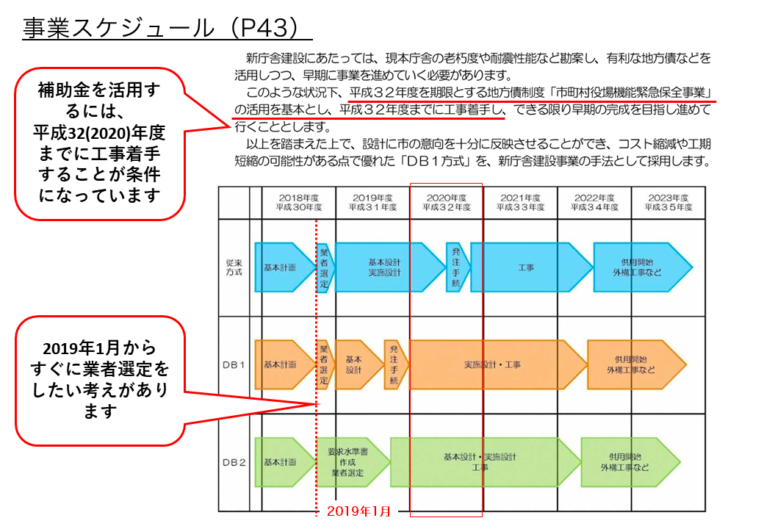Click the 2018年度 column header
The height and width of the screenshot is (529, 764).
pyautogui.click(x=299, y=202)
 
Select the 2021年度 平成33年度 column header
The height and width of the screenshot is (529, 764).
pyautogui.click(x=520, y=202)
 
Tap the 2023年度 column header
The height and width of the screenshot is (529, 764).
pyautogui.click(x=668, y=202)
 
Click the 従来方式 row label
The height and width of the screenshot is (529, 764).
pyautogui.click(x=234, y=267)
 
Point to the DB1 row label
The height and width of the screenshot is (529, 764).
pyautogui.click(x=234, y=364)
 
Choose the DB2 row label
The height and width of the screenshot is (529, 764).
pyautogui.click(x=234, y=462)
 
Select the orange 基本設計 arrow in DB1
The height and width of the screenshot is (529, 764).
pyautogui.click(x=356, y=364)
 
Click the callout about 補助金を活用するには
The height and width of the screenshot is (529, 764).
pyautogui.click(x=98, y=143)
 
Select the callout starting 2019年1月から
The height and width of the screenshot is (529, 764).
pyautogui.click(x=98, y=380)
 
